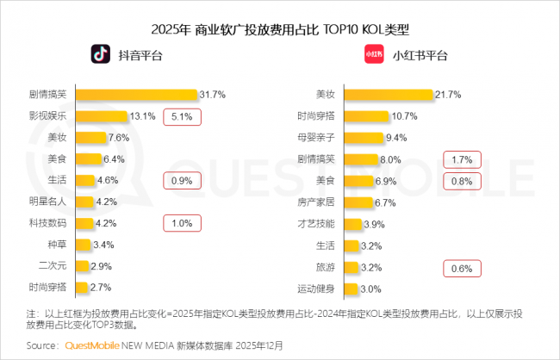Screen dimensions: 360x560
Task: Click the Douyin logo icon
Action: click(102, 55)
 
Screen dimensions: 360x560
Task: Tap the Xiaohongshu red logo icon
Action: click(373, 56)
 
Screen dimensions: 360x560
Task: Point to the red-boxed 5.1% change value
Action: click(182, 116)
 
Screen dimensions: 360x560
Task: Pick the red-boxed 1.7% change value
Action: click(462, 159)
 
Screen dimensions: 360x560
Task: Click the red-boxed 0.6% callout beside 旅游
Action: click(462, 268)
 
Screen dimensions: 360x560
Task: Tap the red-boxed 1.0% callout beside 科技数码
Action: click(182, 224)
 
